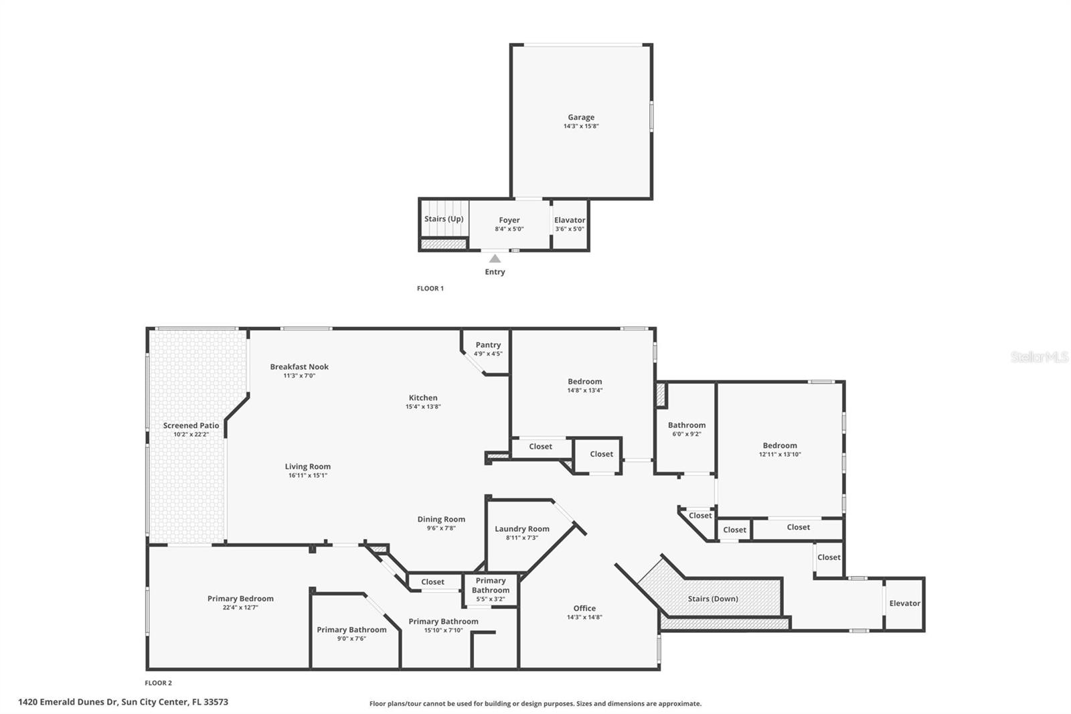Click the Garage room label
coord(580,117)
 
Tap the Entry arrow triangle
coord(495,259)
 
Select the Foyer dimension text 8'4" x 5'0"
coord(509,229)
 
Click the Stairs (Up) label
coord(444,219)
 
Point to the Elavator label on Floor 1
coord(570,220)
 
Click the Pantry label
coord(488,345)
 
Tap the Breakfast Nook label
coord(299,366)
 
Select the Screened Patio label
coord(191,425)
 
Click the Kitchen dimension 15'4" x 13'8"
coord(423,407)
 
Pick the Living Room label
coord(307,466)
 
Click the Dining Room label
coord(441,519)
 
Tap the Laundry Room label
coord(521,528)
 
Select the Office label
coord(584,608)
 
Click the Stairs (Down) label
coord(713,599)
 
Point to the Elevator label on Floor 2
coord(904,603)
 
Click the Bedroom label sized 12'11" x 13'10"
coord(780,445)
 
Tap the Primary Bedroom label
coord(240,599)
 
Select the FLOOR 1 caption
coord(430,289)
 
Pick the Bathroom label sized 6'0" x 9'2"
coord(686,425)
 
